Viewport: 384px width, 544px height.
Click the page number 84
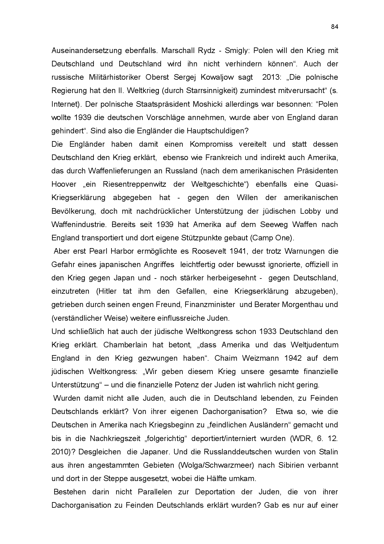[334, 27]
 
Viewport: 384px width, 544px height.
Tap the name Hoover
[64, 184]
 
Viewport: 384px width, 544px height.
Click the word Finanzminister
[210, 305]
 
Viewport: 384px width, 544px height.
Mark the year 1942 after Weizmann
[292, 358]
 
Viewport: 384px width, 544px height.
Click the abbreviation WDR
[300, 439]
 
